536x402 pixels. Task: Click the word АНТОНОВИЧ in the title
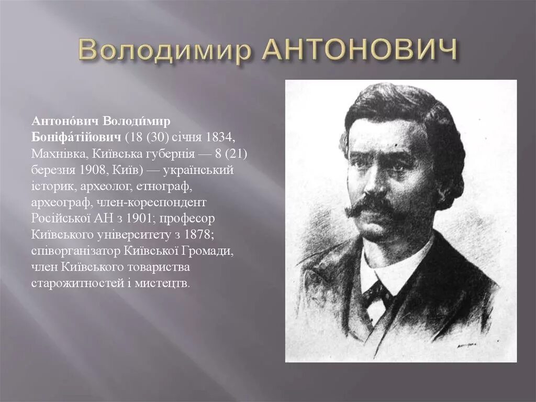[359, 50]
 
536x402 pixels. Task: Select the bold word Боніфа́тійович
[76, 137]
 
